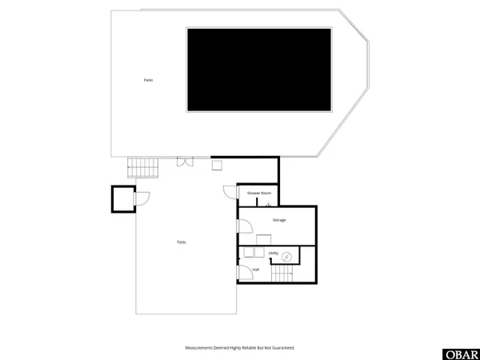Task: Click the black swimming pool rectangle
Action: [259, 70]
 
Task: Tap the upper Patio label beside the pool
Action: [148, 80]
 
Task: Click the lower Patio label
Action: [182, 242]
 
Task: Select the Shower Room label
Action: [259, 194]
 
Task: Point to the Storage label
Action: [278, 219]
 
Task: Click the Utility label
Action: [274, 254]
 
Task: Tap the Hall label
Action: [255, 270]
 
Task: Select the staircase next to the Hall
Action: [282, 274]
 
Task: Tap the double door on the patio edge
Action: [186, 162]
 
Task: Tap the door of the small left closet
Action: [141, 199]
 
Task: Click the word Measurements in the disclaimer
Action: [199, 348]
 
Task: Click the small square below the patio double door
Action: [216, 166]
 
